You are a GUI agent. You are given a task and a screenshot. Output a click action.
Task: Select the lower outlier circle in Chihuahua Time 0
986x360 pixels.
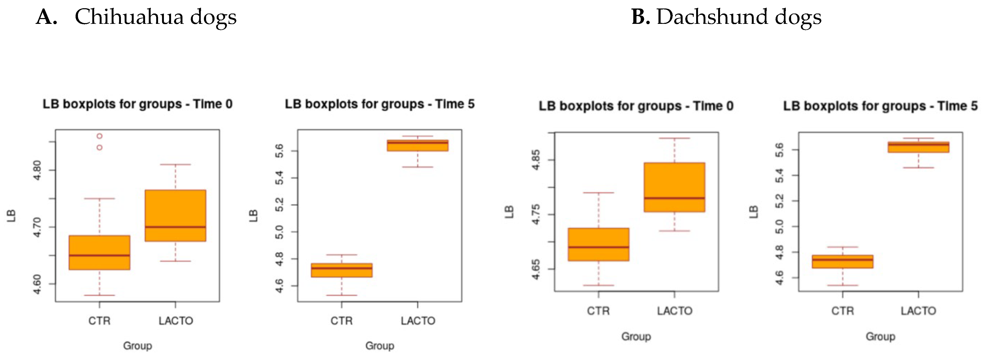(99, 148)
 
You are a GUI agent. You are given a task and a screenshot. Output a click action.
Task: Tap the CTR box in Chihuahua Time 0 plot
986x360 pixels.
(99, 252)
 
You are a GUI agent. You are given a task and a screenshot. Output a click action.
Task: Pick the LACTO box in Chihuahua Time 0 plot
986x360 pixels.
(176, 215)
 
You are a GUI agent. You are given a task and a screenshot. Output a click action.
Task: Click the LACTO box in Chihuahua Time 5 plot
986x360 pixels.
(418, 145)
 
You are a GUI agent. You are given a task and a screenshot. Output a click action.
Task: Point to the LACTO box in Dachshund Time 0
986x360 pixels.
(674, 187)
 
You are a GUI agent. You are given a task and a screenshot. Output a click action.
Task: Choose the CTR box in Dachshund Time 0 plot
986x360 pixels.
(599, 244)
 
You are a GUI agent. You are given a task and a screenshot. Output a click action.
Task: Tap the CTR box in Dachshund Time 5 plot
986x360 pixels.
(843, 261)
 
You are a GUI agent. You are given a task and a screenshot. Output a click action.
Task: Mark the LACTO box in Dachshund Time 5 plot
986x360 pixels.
(918, 147)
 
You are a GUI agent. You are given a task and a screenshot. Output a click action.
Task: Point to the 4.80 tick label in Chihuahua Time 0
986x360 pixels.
(37, 170)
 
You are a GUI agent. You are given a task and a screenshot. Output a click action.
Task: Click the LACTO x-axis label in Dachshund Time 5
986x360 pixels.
(918, 311)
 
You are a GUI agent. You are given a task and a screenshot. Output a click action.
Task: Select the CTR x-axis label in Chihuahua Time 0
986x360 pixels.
(99, 321)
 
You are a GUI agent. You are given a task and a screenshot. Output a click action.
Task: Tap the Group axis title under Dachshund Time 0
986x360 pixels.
(636, 336)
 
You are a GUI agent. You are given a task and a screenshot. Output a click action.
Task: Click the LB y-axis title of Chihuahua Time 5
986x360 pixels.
(253, 216)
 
